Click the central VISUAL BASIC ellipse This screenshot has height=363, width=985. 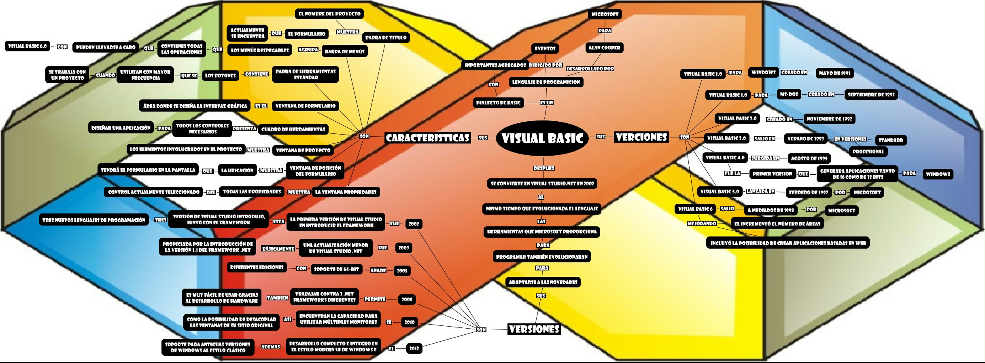coord(542,138)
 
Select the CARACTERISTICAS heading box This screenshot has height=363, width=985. coord(427,138)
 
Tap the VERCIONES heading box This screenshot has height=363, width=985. coord(641,137)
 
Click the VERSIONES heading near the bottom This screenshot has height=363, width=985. coord(534,329)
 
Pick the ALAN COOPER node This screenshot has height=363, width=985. coord(604,48)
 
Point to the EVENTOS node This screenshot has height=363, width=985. coord(545,49)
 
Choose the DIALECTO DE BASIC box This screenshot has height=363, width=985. coord(498,103)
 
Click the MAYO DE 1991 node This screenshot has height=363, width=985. coord(834,73)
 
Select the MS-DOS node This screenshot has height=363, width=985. coord(789,94)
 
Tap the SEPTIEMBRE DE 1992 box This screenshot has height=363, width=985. coord(871,95)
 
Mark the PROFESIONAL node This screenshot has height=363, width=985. coord(868,152)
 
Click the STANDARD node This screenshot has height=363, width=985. coord(891,140)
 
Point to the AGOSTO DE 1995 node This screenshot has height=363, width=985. coord(809,158)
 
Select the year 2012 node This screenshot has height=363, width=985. coord(414,348)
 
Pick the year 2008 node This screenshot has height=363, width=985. coord(407,300)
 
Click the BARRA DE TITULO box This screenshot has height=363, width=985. coord(386,38)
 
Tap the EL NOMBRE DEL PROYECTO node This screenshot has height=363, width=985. coord(329,14)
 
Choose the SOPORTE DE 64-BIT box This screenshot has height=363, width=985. coord(336,269)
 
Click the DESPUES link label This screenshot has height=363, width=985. coord(543,168)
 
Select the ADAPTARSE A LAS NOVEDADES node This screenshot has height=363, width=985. coord(543,282)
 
